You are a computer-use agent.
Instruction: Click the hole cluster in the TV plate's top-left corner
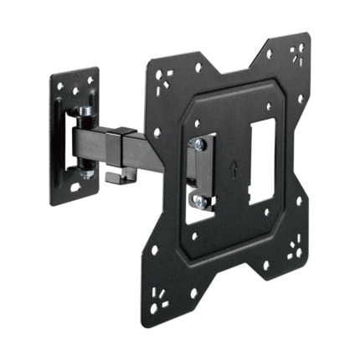coord(164,76)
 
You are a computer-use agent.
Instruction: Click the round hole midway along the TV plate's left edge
coord(156,183)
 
